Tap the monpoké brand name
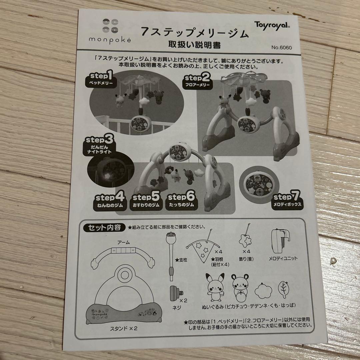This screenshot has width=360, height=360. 110,39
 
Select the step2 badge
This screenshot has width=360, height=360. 197,81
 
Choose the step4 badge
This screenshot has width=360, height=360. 109,201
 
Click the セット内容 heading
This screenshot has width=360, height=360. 101,228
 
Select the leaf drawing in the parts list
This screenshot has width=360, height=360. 283,289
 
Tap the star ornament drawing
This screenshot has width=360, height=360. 247,239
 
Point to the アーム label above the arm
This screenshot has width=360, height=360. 123,242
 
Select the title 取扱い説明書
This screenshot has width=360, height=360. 194,45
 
